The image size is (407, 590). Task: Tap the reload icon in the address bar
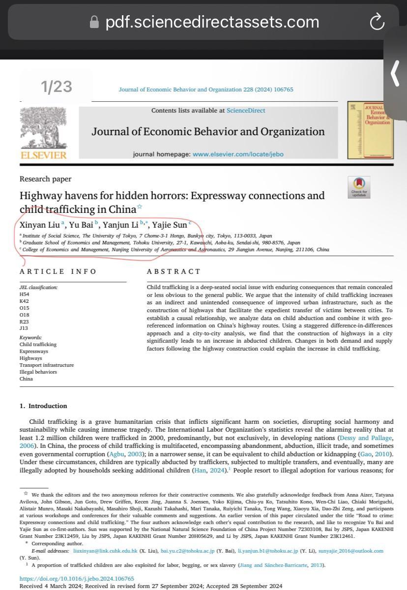(x=377, y=22)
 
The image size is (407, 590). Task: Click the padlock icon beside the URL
(x=94, y=22)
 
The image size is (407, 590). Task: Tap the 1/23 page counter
(x=57, y=87)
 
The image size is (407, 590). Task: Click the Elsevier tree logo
(x=43, y=127)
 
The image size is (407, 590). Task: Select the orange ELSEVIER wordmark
(x=43, y=155)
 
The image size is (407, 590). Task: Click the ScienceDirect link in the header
(x=246, y=111)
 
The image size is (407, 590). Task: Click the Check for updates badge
(x=359, y=187)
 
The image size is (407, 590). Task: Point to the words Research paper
(x=45, y=179)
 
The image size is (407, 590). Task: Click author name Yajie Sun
(x=170, y=225)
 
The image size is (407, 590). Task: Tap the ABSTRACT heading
(x=174, y=271)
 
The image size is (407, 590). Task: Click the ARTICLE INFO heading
(x=58, y=271)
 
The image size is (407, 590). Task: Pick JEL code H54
(x=24, y=294)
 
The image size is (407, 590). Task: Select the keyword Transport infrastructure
(x=47, y=365)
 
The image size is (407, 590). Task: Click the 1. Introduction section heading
(x=43, y=406)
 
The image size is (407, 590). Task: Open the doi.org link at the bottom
(x=76, y=579)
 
